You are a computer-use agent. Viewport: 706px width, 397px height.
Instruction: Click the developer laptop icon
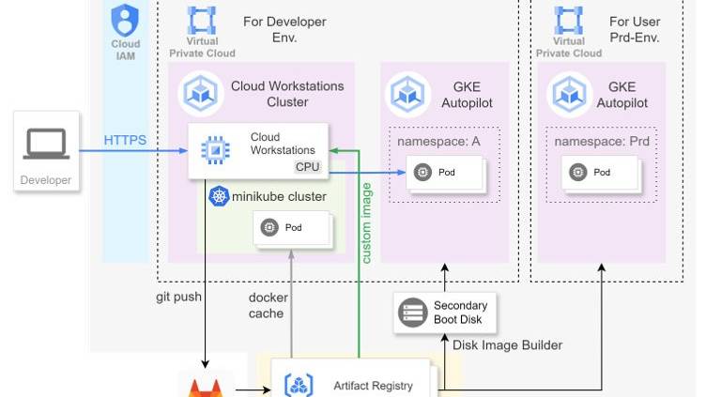click(x=46, y=144)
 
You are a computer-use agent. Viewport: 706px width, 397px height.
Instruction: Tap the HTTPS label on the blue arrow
click(x=125, y=141)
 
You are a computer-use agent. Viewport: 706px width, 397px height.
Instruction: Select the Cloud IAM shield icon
click(x=125, y=19)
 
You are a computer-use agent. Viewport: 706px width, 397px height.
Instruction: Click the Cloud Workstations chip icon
click(x=215, y=149)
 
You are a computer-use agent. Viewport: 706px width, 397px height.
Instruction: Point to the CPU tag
click(x=308, y=167)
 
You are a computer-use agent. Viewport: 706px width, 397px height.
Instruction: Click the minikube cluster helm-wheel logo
click(x=220, y=196)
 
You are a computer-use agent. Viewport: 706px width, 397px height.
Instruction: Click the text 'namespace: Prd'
click(x=602, y=141)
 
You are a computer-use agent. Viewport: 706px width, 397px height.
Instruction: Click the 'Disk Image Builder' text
click(x=508, y=345)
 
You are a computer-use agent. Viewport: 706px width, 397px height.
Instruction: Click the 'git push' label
click(x=179, y=298)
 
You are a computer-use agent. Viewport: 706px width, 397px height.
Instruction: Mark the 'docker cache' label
click(x=268, y=305)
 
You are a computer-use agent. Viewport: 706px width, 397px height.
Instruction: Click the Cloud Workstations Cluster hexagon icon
click(x=200, y=92)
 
